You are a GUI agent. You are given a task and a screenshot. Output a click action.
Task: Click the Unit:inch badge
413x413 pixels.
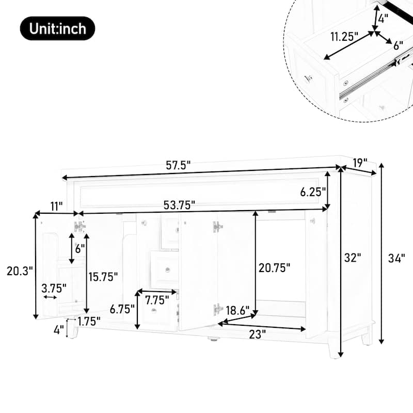57,28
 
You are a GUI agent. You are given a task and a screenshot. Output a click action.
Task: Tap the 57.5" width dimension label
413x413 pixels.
178,165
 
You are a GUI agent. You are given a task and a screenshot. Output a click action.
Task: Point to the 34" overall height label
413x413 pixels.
396,258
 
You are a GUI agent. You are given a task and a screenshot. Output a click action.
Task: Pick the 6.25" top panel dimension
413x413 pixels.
313,192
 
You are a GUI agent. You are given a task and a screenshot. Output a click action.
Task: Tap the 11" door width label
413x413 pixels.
56,205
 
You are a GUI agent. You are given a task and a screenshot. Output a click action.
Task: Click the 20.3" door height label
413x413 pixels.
19,269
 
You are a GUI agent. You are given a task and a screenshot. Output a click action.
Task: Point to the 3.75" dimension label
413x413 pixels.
54,288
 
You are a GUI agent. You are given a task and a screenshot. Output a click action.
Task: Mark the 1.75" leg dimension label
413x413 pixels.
89,321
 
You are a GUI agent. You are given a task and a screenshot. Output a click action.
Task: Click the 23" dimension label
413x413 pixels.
257,334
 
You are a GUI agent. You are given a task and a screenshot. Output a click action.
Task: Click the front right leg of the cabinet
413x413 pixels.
334,350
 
